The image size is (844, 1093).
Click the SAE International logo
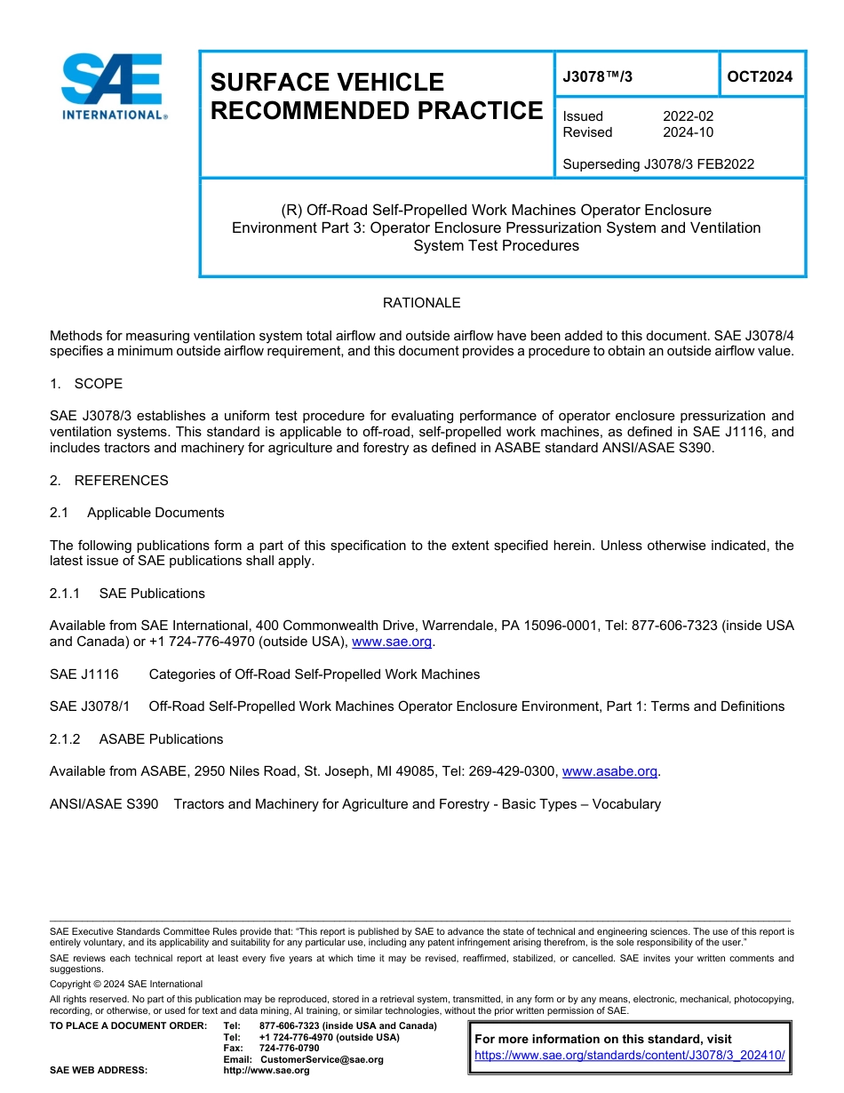tap(113, 87)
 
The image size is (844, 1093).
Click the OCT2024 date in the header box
tap(760, 77)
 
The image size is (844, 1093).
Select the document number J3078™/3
tap(598, 77)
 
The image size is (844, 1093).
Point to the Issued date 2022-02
tap(688, 116)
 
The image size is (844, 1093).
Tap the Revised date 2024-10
tap(688, 132)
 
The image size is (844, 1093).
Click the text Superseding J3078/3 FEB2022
tap(658, 164)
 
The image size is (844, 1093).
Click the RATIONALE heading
tap(421, 303)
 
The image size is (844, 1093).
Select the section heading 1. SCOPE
tap(86, 384)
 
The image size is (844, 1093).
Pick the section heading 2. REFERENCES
tap(108, 481)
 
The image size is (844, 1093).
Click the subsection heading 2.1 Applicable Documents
tap(137, 513)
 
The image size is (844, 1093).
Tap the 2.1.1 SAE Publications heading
tap(127, 594)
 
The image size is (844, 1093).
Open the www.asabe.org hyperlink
tap(609, 771)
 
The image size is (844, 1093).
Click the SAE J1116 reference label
tap(84, 674)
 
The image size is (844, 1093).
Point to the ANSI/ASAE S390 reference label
tap(104, 804)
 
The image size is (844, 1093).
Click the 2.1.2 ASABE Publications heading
tap(136, 739)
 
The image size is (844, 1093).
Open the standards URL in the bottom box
tap(630, 1056)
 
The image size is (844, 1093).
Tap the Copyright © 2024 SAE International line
tap(126, 984)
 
